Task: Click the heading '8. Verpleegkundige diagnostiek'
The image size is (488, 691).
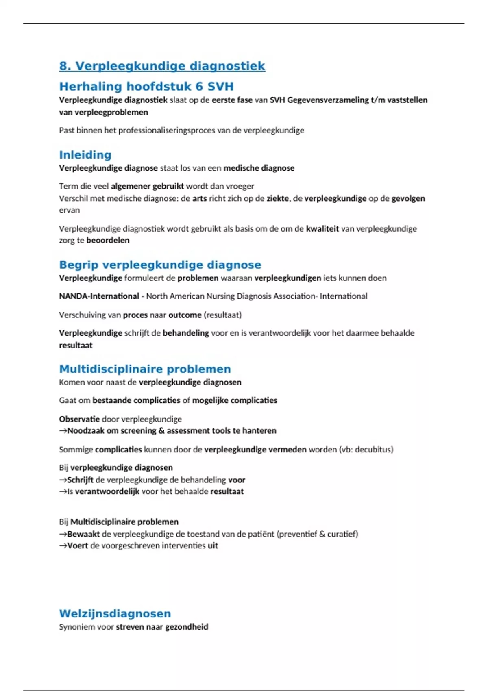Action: pos(162,66)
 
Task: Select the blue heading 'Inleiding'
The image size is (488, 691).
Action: pos(85,155)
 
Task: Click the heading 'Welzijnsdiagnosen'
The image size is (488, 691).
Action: pos(115,613)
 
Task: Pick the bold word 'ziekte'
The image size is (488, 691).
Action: pos(278,198)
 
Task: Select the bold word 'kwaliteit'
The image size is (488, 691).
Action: pos(322,228)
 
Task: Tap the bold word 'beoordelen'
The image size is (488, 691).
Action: pos(108,240)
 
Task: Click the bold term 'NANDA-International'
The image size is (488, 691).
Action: pos(99,296)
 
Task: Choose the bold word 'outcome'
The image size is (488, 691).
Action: pos(185,315)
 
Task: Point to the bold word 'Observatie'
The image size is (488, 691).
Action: pos(79,419)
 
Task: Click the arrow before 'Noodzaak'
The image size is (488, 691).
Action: pos(63,431)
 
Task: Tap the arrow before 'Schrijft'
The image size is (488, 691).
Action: pos(63,480)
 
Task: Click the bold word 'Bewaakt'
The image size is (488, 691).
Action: pos(83,534)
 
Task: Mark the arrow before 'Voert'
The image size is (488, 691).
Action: pos(63,545)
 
